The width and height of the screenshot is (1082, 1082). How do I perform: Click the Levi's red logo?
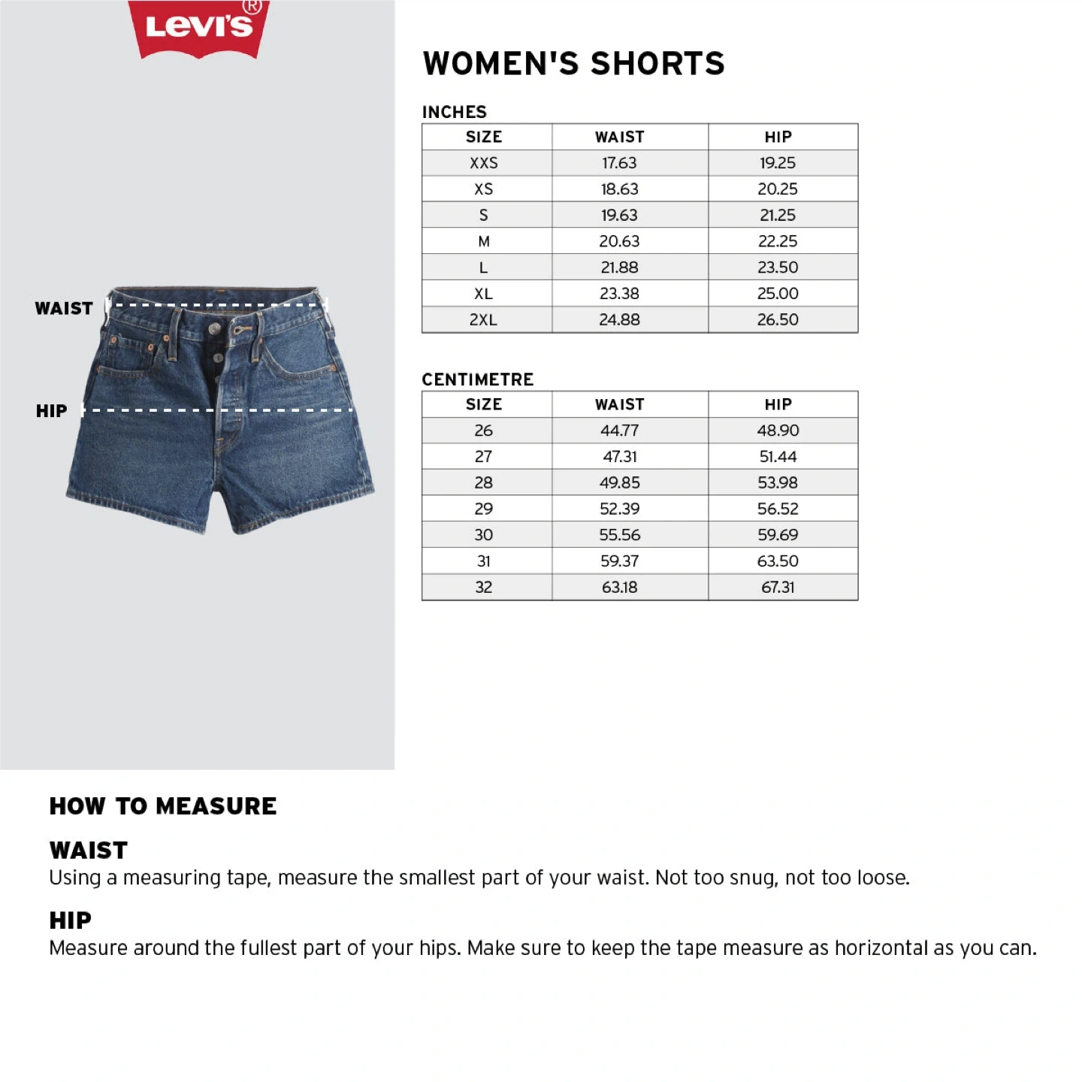tap(199, 28)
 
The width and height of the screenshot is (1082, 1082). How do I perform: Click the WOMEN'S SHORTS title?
tap(573, 64)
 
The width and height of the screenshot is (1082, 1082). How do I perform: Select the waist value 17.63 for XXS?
tap(619, 163)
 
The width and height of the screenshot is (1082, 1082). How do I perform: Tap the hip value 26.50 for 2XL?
tap(778, 319)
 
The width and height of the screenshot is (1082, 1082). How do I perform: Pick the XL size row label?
tap(483, 294)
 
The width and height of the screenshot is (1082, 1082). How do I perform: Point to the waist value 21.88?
tap(619, 267)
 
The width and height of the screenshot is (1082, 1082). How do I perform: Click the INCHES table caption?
tap(454, 112)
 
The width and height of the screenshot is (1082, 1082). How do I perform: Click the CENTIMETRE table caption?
tap(477, 379)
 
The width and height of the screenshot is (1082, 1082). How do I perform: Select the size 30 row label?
tap(483, 535)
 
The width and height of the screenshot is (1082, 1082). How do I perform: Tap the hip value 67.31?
tap(778, 587)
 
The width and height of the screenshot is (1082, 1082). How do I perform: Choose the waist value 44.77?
tap(619, 431)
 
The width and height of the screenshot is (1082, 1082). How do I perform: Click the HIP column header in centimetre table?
tap(778, 404)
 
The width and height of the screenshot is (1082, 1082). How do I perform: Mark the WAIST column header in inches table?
tap(619, 137)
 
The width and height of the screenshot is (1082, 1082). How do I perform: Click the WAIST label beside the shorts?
tap(64, 309)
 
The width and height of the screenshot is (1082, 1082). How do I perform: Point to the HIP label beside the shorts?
tap(51, 411)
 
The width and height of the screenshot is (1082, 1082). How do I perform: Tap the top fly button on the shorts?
tap(216, 329)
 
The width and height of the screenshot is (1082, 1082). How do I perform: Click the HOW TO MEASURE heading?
tap(163, 806)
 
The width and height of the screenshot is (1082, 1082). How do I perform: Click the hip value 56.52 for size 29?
tap(778, 509)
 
